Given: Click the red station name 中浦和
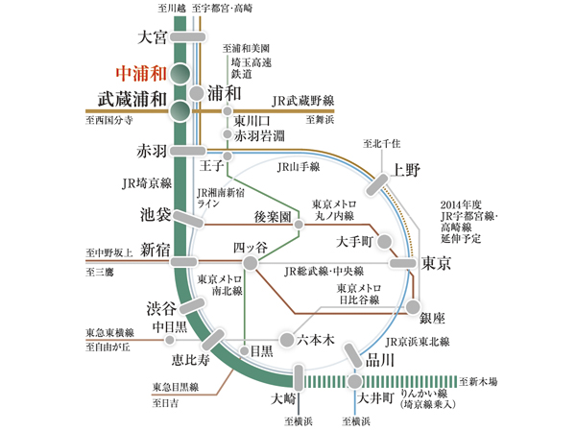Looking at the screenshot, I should coord(139,72).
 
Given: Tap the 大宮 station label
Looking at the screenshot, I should coord(152,37).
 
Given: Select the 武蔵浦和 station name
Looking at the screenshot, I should coord(133,99).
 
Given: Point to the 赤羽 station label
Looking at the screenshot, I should coord(152,152).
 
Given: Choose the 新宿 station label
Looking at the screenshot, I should coord(155,250).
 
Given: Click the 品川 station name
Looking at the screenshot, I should coord(379,360).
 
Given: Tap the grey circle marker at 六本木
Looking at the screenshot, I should coord(286,339).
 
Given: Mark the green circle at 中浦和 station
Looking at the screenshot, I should coord(179,75).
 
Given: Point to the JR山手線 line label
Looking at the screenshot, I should coord(297,167).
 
